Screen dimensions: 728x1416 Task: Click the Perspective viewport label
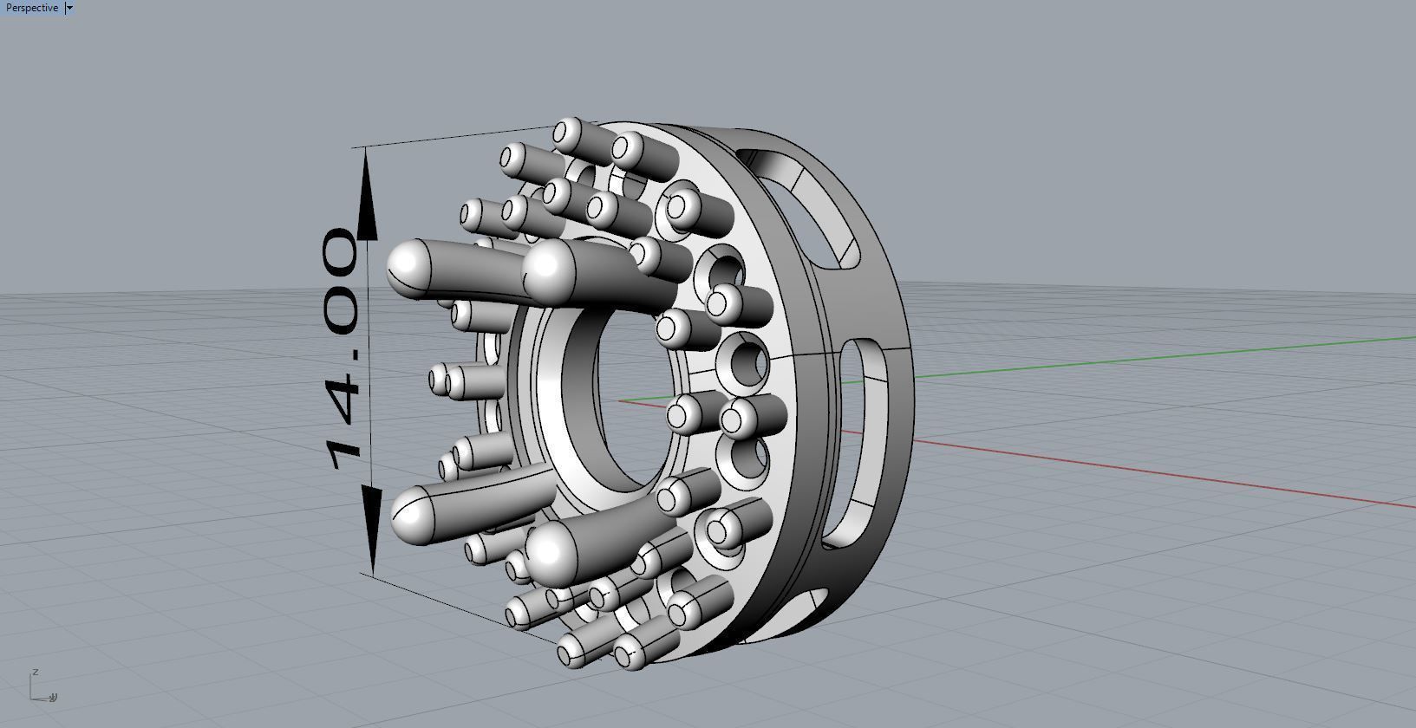point(31,8)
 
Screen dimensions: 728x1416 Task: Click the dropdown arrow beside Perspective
point(69,8)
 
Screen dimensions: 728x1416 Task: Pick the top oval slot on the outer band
point(802,204)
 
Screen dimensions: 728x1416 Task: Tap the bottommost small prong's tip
point(626,653)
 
